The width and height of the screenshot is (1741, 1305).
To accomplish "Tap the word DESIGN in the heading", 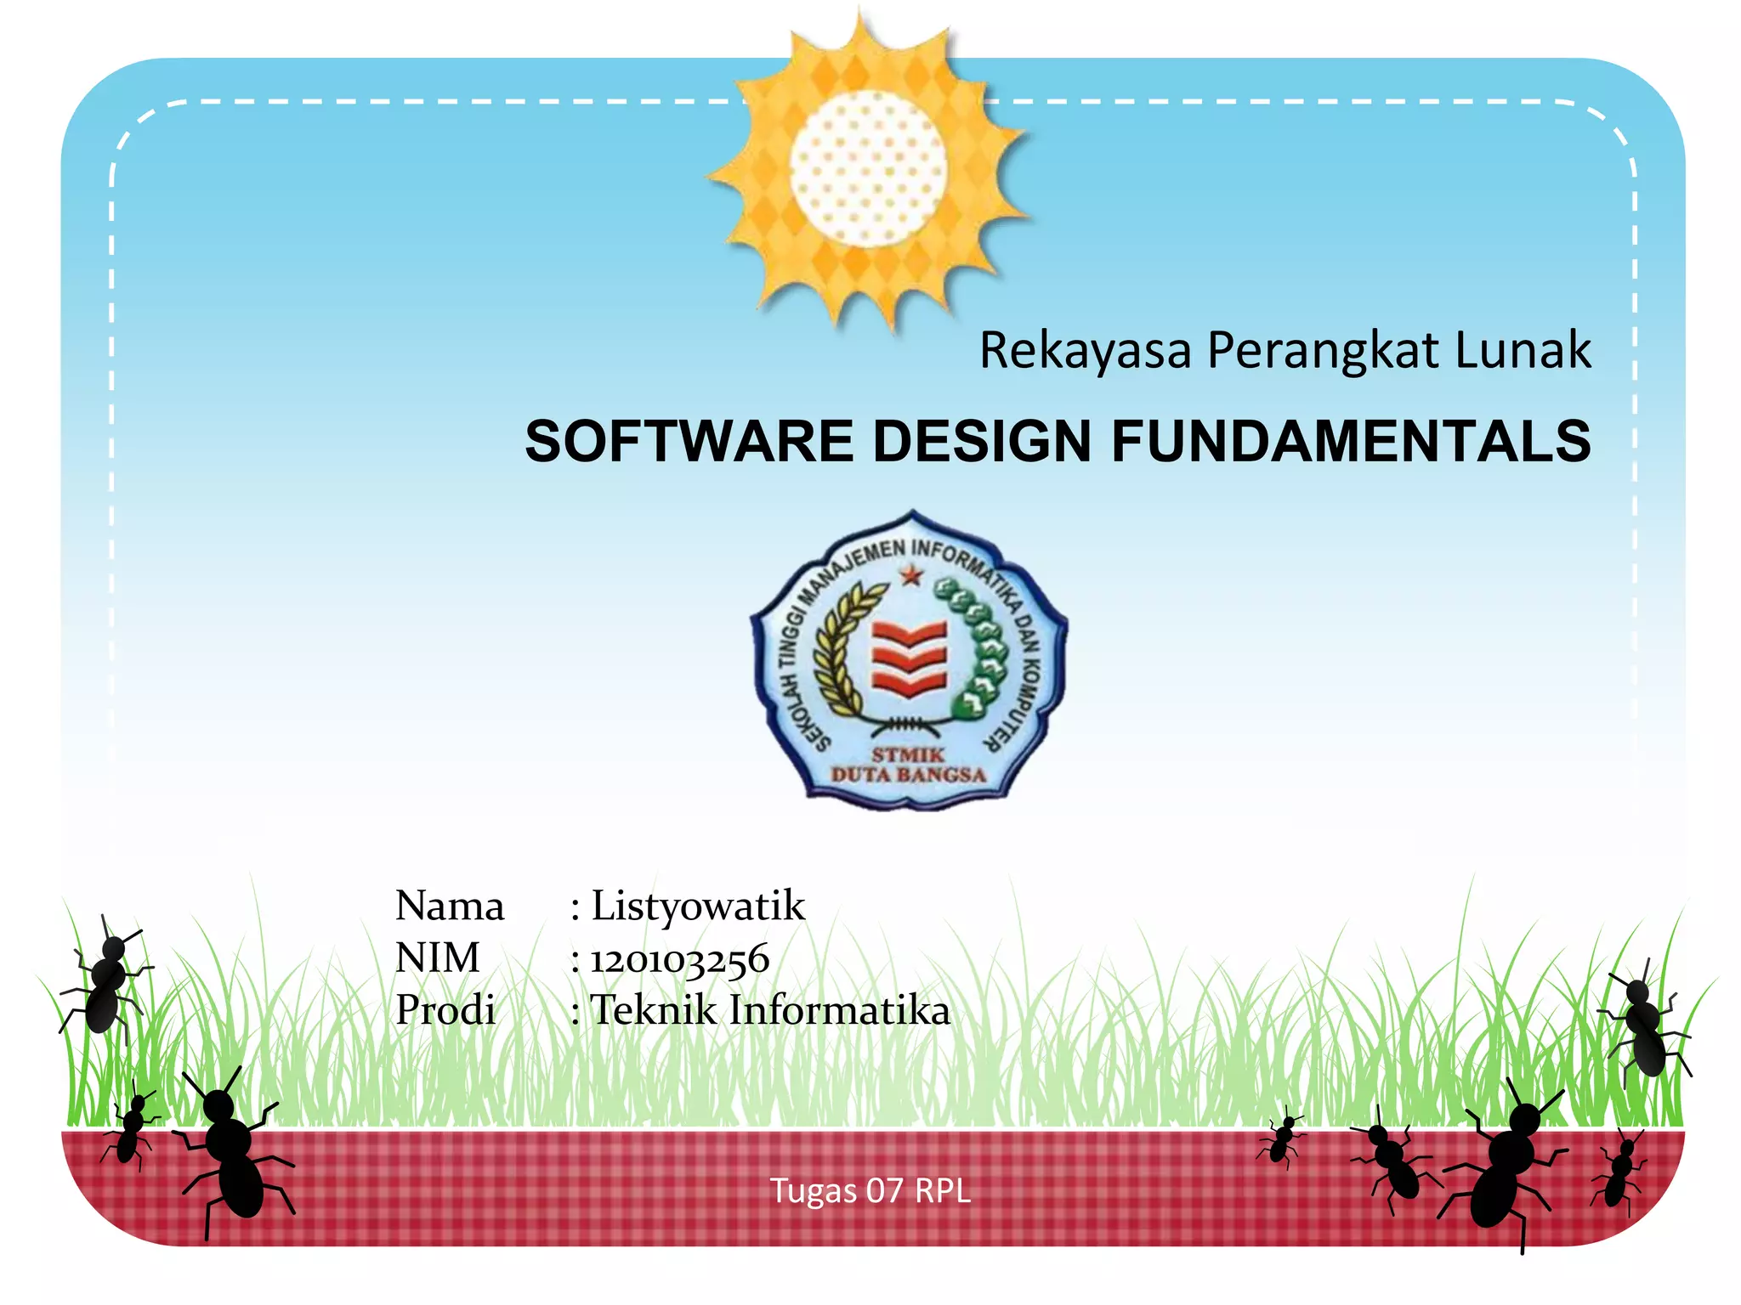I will click(x=982, y=442).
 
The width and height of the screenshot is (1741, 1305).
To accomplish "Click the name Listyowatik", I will click(x=697, y=906).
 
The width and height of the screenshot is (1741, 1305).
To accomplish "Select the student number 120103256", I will click(x=680, y=959).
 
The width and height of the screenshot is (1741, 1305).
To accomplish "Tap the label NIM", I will click(x=438, y=958).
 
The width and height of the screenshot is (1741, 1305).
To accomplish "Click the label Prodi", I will click(x=445, y=1011).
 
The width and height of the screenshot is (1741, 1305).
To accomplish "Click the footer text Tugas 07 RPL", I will click(x=870, y=1191).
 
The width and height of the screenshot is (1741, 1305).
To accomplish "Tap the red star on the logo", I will click(x=911, y=577).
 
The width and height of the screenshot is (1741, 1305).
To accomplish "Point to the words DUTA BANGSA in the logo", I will click(x=908, y=775).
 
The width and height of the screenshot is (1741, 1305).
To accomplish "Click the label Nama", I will click(x=450, y=906).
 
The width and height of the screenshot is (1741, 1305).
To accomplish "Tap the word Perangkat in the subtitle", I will click(x=1323, y=350).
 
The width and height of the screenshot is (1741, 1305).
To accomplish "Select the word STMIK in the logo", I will click(x=908, y=754).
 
